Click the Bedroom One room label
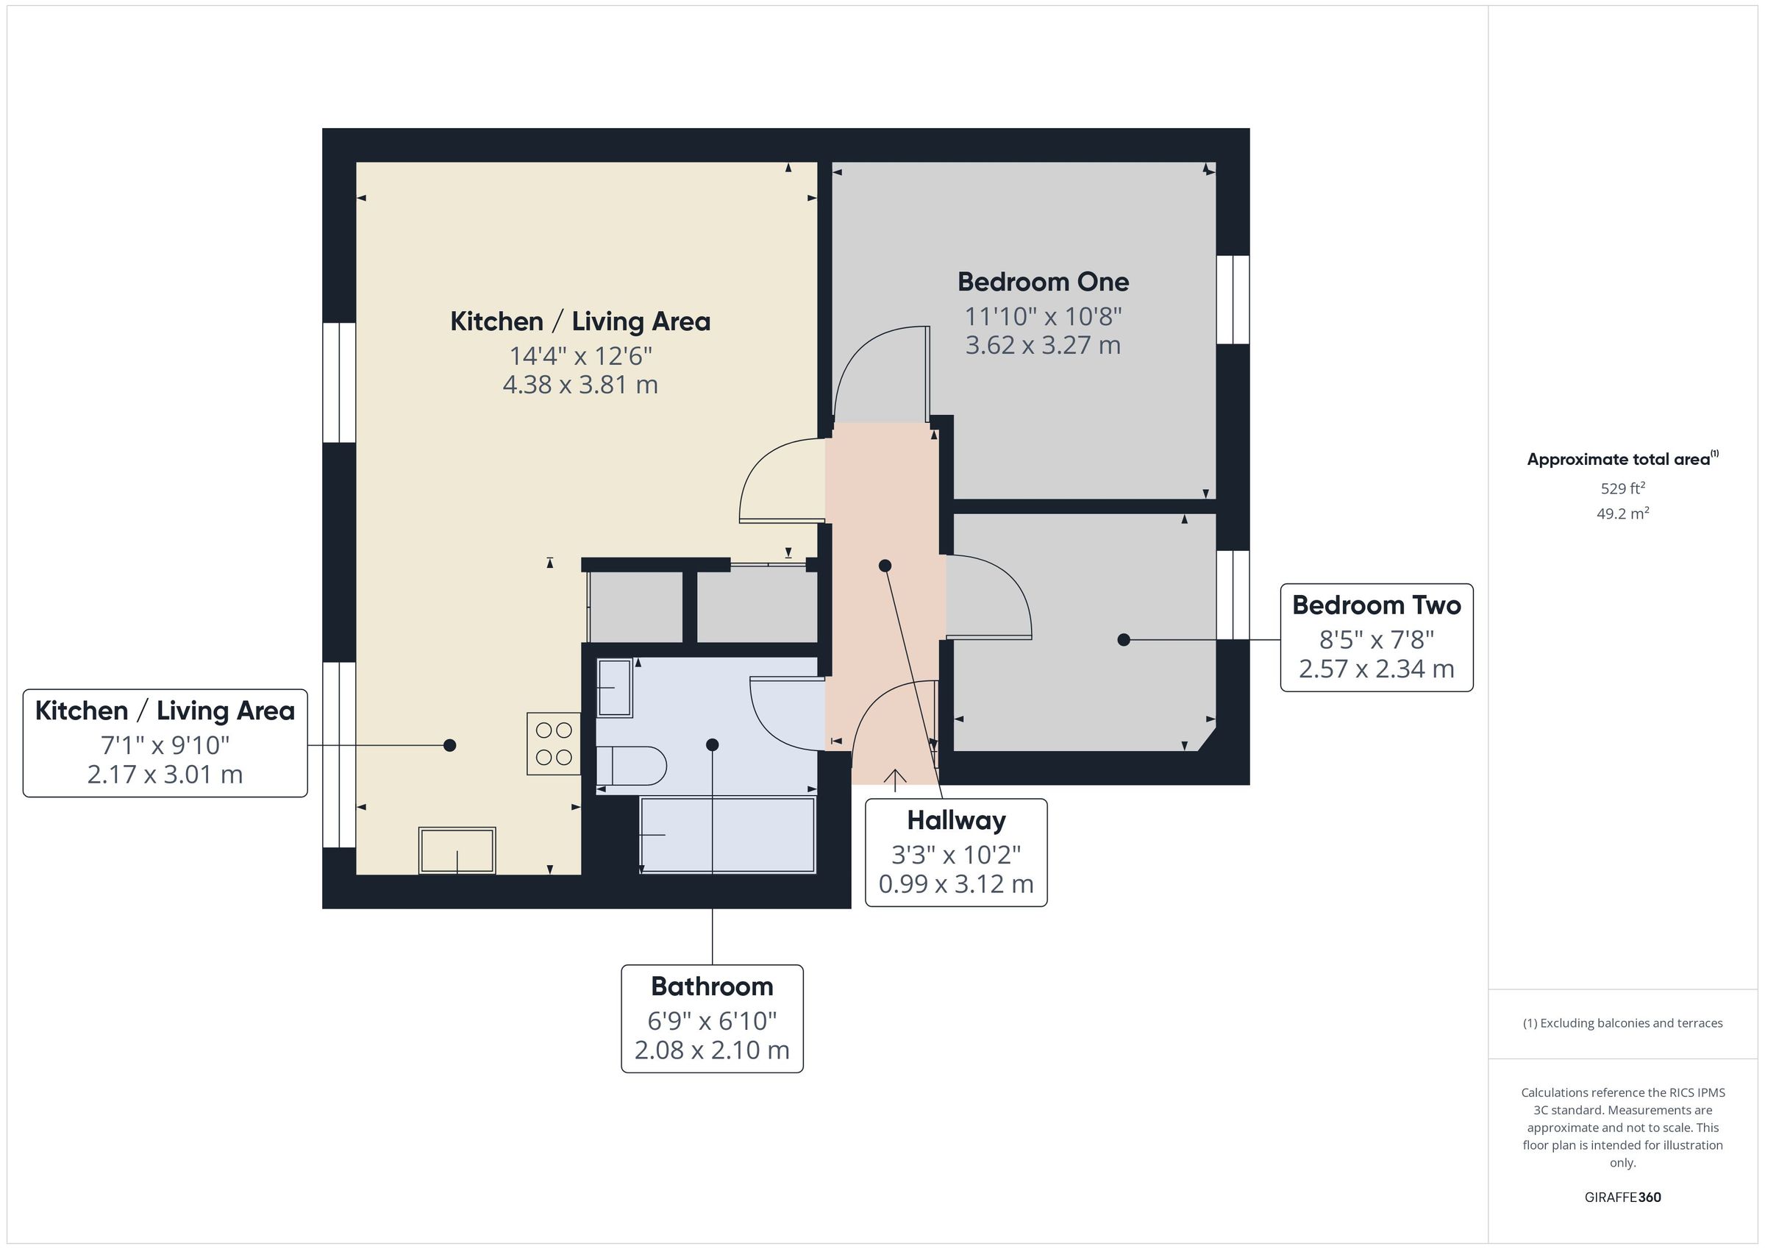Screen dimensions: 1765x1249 (1042, 282)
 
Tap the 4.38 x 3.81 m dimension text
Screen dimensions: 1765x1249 (580, 385)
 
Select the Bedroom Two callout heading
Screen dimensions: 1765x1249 (1376, 605)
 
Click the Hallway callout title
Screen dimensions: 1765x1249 (956, 821)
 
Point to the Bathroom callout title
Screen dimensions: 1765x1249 (712, 986)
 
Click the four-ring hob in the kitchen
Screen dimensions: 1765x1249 (554, 744)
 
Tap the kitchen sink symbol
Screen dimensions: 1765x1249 (457, 850)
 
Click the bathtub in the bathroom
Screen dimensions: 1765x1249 (727, 835)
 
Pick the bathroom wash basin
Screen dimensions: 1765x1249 (614, 688)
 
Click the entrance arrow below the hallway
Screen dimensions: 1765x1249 (895, 780)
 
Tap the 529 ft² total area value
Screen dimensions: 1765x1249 (1623, 488)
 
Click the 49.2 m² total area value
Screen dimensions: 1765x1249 (1623, 513)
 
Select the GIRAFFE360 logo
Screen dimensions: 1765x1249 (1623, 1198)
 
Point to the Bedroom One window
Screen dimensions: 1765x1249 (1233, 300)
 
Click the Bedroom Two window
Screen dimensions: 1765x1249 (1233, 595)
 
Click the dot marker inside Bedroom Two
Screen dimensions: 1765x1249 (1123, 640)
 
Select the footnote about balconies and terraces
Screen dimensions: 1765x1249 (1623, 1024)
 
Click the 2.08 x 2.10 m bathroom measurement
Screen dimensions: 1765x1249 (712, 1050)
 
